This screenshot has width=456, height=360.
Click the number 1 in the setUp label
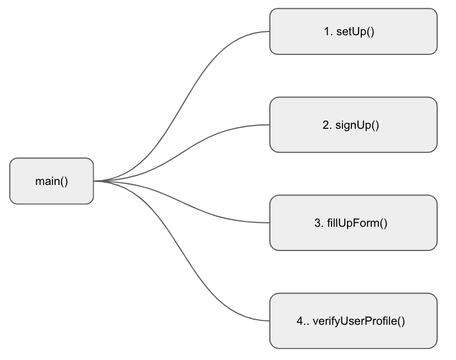pyautogui.click(x=327, y=31)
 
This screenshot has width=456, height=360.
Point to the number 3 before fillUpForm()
pyautogui.click(x=318, y=223)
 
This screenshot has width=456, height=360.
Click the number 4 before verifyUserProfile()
pyautogui.click(x=300, y=321)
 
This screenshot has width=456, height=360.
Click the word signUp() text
pyautogui.click(x=357, y=125)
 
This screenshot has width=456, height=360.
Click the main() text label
pyautogui.click(x=51, y=181)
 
